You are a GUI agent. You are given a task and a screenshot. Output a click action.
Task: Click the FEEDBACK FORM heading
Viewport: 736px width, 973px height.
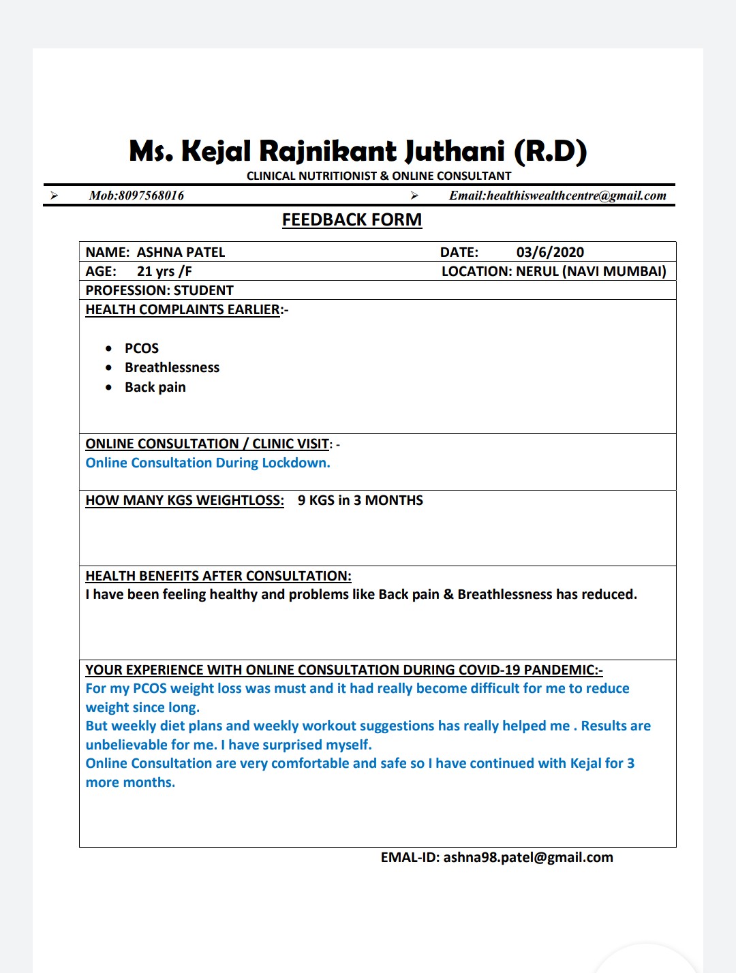click(352, 220)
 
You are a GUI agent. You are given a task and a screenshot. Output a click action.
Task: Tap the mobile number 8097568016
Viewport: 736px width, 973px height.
click(151, 196)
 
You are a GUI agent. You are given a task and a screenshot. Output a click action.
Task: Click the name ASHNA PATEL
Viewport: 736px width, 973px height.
click(181, 252)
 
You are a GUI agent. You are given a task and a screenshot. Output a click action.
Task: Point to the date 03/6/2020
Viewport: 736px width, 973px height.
click(550, 252)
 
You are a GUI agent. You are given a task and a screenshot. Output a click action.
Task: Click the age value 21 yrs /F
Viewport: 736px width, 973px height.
click(164, 271)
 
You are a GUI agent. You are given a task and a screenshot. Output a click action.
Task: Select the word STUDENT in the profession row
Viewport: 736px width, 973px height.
click(204, 290)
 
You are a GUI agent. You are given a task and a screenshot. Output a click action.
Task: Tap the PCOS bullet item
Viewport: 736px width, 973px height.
click(142, 348)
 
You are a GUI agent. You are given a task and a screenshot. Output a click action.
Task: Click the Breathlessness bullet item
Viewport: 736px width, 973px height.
click(172, 367)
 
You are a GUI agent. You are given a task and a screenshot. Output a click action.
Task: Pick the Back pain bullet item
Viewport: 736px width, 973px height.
click(155, 387)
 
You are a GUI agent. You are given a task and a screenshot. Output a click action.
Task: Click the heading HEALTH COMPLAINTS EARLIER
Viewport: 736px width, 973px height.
click(183, 309)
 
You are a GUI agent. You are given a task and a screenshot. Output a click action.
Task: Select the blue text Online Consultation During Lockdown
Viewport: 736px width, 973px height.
click(208, 463)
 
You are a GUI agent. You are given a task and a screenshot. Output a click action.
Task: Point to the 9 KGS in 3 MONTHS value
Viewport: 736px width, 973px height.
click(360, 500)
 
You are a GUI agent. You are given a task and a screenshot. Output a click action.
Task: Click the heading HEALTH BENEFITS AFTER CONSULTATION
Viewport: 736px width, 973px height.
click(218, 576)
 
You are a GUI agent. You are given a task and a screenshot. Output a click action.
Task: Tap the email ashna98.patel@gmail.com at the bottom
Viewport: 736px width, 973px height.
click(528, 857)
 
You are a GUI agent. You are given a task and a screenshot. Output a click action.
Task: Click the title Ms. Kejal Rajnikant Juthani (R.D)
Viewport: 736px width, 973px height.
click(358, 151)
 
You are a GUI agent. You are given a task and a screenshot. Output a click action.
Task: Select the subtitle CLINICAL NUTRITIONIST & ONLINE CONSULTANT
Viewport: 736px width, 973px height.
click(379, 176)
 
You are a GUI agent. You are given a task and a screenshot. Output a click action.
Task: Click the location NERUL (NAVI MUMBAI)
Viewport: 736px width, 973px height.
click(591, 271)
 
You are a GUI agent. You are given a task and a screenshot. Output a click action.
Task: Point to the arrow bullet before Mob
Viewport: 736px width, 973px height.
click(54, 196)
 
